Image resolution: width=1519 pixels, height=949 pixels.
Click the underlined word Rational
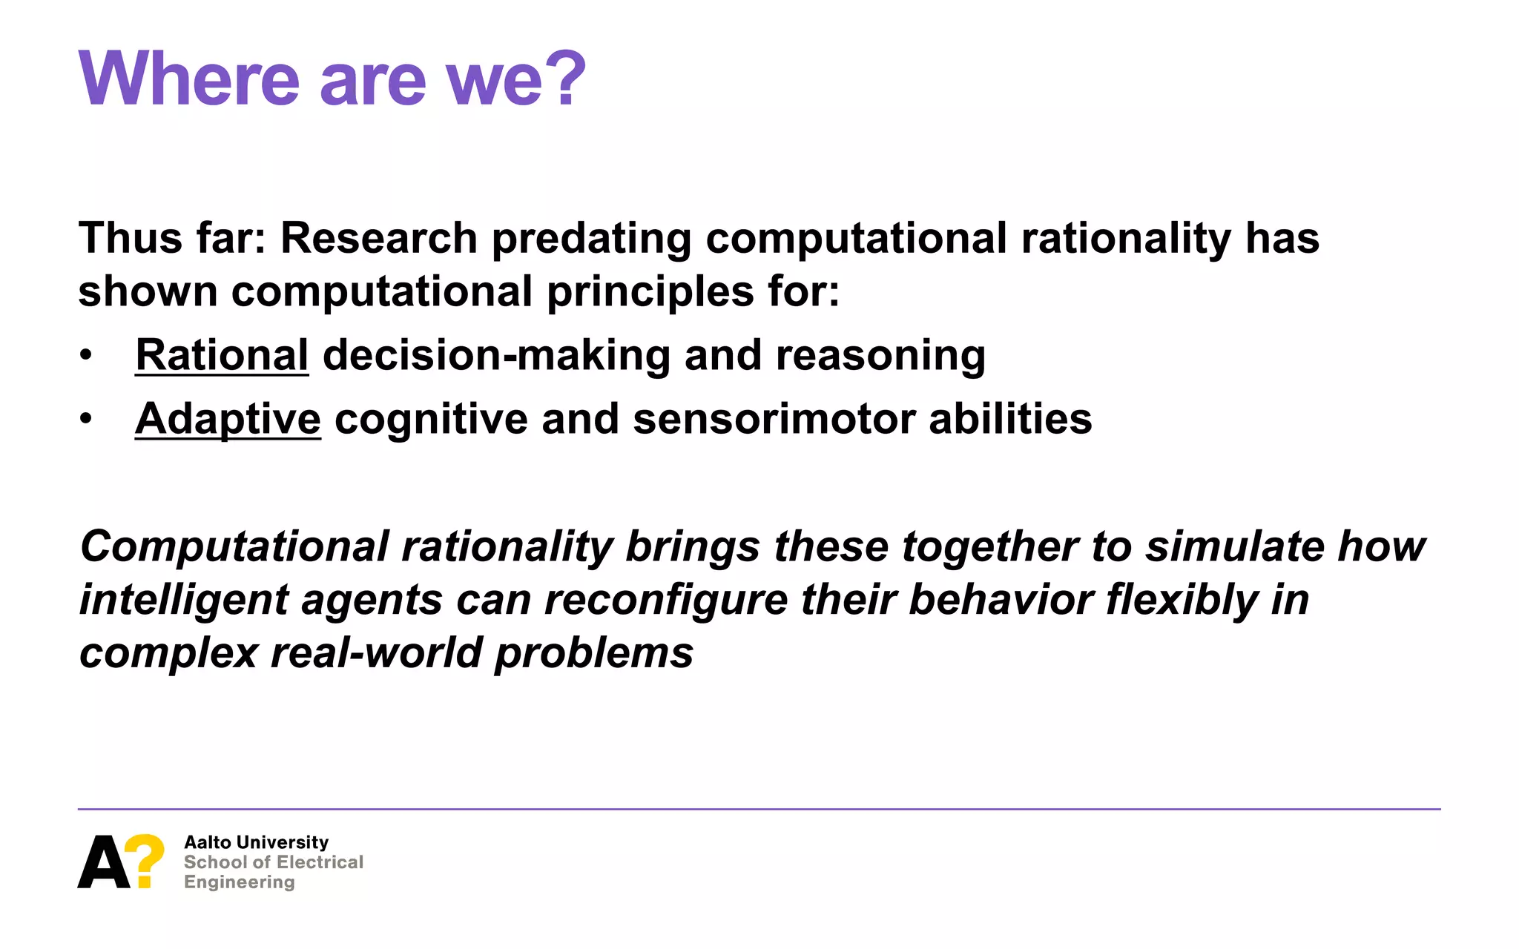pos(222,355)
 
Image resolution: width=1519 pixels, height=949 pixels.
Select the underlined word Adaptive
pos(228,419)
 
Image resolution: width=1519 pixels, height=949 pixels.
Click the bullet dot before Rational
pos(87,356)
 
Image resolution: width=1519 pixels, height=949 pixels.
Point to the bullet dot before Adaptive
pos(87,420)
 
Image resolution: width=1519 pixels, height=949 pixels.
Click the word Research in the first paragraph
pos(378,239)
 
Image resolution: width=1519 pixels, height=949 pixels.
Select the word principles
pos(650,292)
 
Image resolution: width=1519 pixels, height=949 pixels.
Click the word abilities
pos(1010,419)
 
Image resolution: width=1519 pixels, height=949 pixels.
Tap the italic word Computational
pos(234,547)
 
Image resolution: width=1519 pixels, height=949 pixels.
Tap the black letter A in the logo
pos(104,862)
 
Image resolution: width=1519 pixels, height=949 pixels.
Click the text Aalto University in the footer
pos(256,842)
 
